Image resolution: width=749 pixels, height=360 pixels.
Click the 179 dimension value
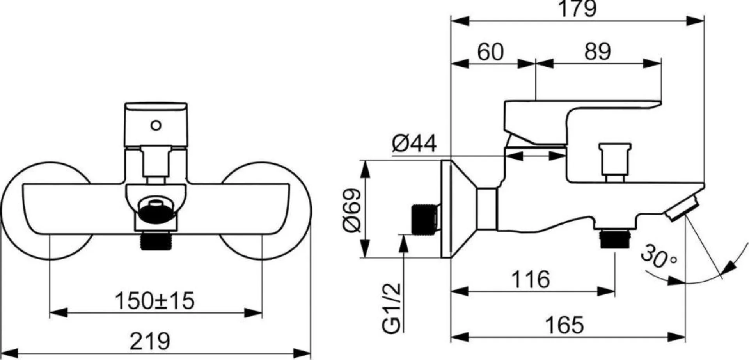tap(578, 8)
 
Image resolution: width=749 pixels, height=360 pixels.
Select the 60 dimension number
tap(490, 51)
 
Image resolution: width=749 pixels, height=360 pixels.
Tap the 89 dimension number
tap(597, 51)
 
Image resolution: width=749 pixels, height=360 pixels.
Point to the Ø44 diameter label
tap(414, 144)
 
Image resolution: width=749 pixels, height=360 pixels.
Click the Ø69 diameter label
tap(352, 211)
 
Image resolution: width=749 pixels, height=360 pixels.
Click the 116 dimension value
tap(531, 279)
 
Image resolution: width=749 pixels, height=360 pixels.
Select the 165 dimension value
tap(564, 325)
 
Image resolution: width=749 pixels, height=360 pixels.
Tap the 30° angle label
tap(659, 257)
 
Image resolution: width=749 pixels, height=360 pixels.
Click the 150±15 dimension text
tap(154, 301)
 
